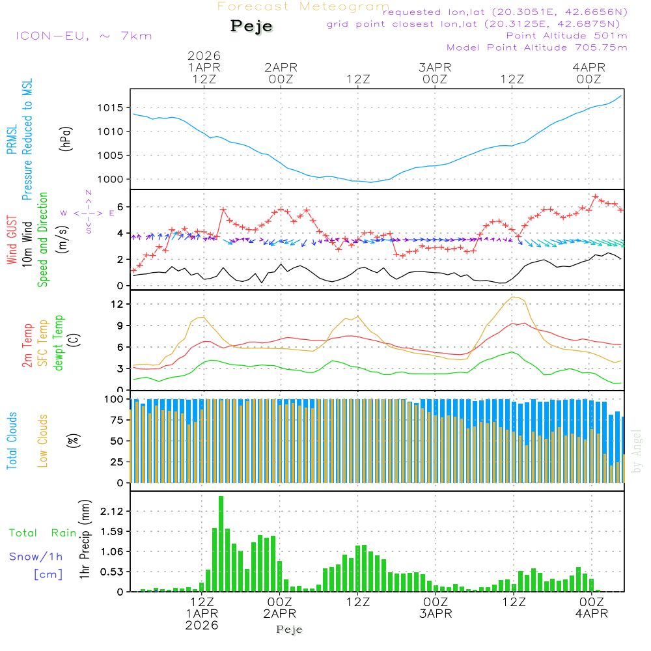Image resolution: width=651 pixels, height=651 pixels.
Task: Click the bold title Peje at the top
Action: pyautogui.click(x=251, y=26)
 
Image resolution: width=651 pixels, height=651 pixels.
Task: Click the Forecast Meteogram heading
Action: pyautogui.click(x=303, y=7)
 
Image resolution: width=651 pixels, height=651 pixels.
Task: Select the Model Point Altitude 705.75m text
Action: pyautogui.click(x=536, y=48)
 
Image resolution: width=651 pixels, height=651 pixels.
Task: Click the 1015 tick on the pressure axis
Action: pyautogui.click(x=110, y=107)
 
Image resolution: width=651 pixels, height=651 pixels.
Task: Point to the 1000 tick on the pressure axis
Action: pyautogui.click(x=110, y=179)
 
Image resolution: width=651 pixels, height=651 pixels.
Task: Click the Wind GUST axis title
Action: pyautogui.click(x=12, y=240)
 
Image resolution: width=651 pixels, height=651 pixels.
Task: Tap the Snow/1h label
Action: pyautogui.click(x=36, y=557)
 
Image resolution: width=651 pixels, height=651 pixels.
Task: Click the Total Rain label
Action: pyautogui.click(x=42, y=533)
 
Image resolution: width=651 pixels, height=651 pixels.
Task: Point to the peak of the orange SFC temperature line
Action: pyautogui.click(x=516, y=297)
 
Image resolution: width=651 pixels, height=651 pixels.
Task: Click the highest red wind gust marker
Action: pyautogui.click(x=595, y=196)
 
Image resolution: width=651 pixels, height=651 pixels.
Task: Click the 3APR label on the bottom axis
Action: pyautogui.click(x=435, y=614)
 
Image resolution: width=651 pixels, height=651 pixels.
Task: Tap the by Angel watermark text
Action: pyautogui.click(x=637, y=451)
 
